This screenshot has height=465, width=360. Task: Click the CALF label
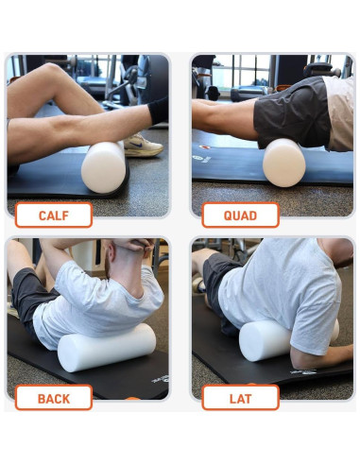coord(54,215)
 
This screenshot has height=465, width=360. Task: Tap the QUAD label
coord(240,215)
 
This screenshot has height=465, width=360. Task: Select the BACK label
coord(54,397)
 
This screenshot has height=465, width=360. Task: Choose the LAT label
coord(240,397)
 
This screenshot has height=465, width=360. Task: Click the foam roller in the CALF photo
coord(103,167)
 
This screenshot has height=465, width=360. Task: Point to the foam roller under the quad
coord(283,162)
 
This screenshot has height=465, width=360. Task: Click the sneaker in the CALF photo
coord(143,145)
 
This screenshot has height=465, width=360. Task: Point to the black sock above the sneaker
coord(158,111)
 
